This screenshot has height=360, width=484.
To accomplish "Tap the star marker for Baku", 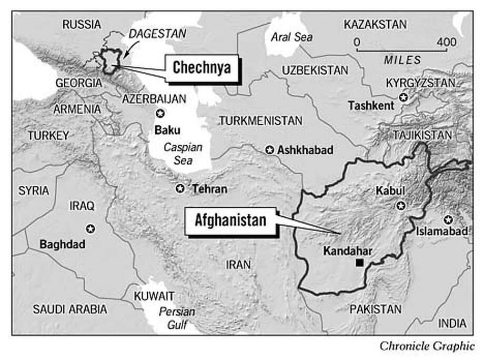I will coord(161,114).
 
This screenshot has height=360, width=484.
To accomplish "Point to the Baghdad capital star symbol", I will coord(90,228).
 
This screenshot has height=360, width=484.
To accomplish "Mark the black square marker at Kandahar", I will coord(359,263).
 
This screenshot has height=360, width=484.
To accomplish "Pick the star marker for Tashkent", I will coord(403,97).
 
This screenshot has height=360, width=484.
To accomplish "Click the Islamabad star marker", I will coord(448,219).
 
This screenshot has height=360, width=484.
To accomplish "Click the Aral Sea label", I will coord(291,37).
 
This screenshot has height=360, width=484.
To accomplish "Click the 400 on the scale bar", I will coord(446,42).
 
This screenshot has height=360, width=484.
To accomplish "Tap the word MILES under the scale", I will coord(402,60).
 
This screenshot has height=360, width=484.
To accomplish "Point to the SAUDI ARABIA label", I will coord(69,309).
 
